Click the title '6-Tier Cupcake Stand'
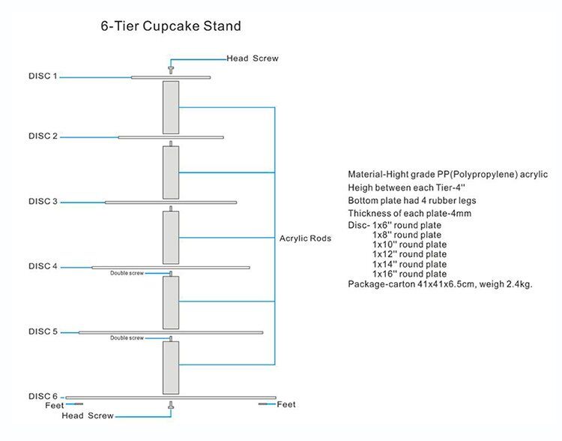[171, 26]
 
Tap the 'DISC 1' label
[43, 76]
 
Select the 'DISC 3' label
[43, 201]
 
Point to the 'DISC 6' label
[43, 395]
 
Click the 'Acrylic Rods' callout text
[305, 238]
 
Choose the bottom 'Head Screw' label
[88, 415]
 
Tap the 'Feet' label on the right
[286, 404]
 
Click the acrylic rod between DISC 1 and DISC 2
[171, 107]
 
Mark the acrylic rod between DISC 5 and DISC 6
[171, 367]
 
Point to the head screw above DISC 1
[171, 69]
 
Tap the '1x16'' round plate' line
[409, 274]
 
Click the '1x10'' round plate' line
[409, 244]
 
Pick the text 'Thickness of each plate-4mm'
[408, 214]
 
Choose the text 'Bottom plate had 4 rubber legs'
[412, 200]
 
